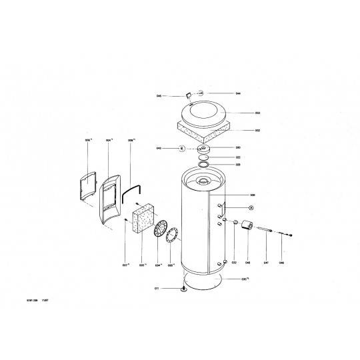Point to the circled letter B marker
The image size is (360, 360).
[181, 148]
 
